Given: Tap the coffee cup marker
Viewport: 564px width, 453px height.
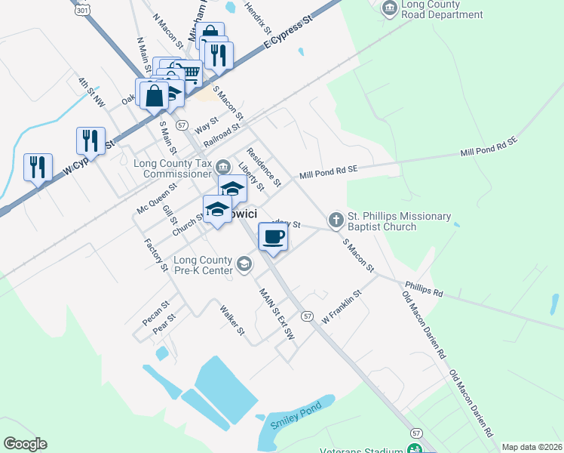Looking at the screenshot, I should (x=272, y=237).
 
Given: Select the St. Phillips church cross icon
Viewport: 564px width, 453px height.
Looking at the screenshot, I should (x=336, y=220).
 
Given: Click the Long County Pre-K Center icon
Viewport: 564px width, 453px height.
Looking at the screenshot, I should (x=244, y=263).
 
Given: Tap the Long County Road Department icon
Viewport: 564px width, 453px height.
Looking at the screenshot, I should (x=389, y=8).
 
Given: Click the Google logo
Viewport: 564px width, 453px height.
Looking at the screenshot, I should (x=25, y=444).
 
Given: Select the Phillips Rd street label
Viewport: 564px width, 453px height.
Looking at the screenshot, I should (x=424, y=288).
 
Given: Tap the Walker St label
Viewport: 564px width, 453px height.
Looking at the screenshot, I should (x=232, y=320).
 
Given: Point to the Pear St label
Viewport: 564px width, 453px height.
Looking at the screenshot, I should (x=164, y=323).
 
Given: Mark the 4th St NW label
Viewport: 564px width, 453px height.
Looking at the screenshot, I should (x=90, y=92).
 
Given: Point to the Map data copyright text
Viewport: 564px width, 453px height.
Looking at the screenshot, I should (x=532, y=447).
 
